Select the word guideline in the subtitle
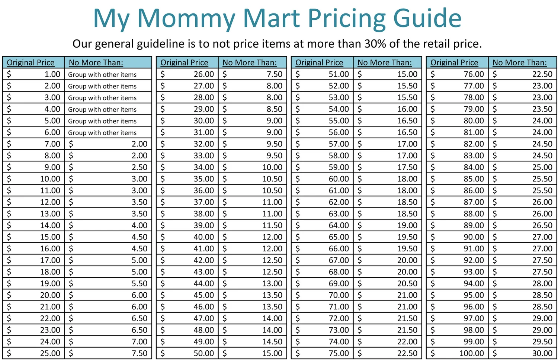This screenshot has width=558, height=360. pyautogui.click(x=161, y=44)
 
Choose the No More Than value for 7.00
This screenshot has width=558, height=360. pyautogui.click(x=139, y=144)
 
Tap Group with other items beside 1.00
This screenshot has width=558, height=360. pyautogui.click(x=102, y=74)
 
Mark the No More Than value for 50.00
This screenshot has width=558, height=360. pyautogui.click(x=272, y=353)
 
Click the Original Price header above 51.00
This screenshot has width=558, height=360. pyautogui.click(x=319, y=62)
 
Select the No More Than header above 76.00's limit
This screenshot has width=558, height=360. pyautogui.click(x=520, y=62)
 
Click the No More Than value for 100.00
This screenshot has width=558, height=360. pyautogui.click(x=542, y=353)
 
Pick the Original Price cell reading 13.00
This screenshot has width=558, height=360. pyautogui.click(x=50, y=214)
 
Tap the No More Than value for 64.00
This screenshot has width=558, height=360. pyautogui.click(x=407, y=225)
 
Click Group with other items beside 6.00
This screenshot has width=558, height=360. pyautogui.click(x=102, y=133)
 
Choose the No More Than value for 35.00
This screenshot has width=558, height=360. pyautogui.click(x=272, y=179)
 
